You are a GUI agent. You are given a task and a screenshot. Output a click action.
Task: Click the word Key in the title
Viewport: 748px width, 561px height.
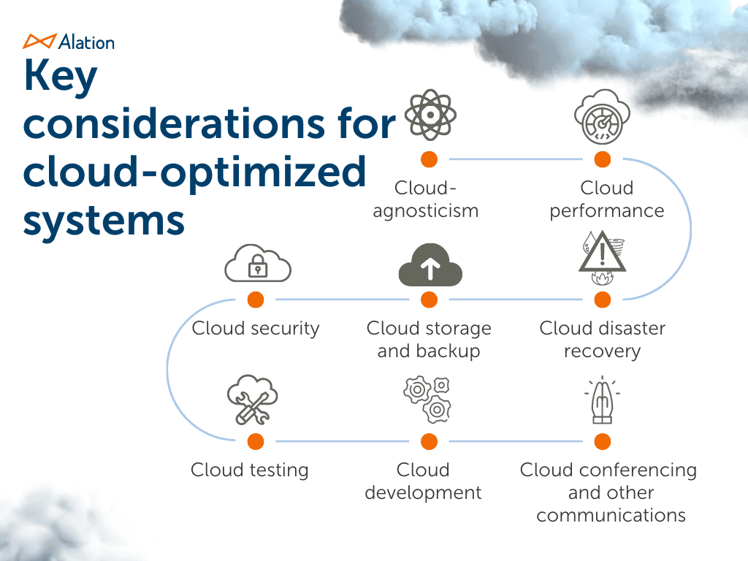pyautogui.click(x=60, y=77)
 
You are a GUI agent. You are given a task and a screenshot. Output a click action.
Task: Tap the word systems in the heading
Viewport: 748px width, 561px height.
pyautogui.click(x=103, y=218)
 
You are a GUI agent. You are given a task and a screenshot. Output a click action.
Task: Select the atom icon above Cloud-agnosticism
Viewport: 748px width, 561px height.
pyautogui.click(x=430, y=115)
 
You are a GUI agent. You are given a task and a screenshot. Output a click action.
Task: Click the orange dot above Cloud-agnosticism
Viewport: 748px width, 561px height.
pyautogui.click(x=430, y=159)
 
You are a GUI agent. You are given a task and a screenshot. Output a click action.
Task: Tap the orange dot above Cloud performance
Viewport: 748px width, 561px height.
pyautogui.click(x=602, y=159)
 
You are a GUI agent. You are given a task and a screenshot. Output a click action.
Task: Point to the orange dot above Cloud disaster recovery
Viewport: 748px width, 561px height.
pyautogui.click(x=602, y=299)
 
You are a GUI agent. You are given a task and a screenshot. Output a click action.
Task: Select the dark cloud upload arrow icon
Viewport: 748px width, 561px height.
pyautogui.click(x=430, y=267)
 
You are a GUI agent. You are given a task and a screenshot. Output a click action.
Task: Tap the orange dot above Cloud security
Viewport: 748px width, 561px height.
pyautogui.click(x=256, y=299)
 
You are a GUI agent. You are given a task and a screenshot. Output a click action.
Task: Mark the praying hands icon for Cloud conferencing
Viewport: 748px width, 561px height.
pyautogui.click(x=602, y=402)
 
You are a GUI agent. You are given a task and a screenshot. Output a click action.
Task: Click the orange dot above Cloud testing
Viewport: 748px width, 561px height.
pyautogui.click(x=256, y=441)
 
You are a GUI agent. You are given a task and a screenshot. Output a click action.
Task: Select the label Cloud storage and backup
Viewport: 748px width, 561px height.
pyautogui.click(x=430, y=340)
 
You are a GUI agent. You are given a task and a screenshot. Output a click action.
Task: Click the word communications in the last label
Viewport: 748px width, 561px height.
pyautogui.click(x=611, y=515)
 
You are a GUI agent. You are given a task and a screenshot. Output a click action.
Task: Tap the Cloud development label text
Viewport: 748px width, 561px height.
pyautogui.click(x=423, y=481)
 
